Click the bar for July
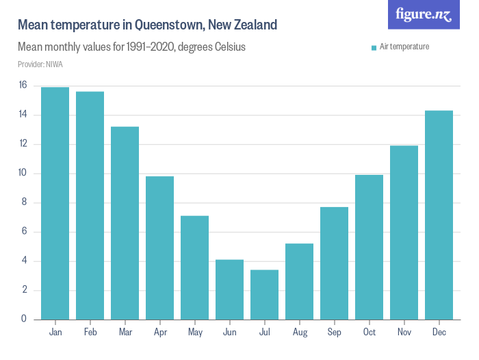pos(265,294)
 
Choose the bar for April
pos(160,248)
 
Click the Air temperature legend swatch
pos(374,47)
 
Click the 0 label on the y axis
pos(23,319)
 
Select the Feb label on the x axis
pos(90,333)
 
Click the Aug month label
pos(300,333)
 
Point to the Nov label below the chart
pos(404,333)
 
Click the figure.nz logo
pos(424,14)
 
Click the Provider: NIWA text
pos(40,64)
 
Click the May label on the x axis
pos(195,333)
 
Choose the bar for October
pos(370,247)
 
